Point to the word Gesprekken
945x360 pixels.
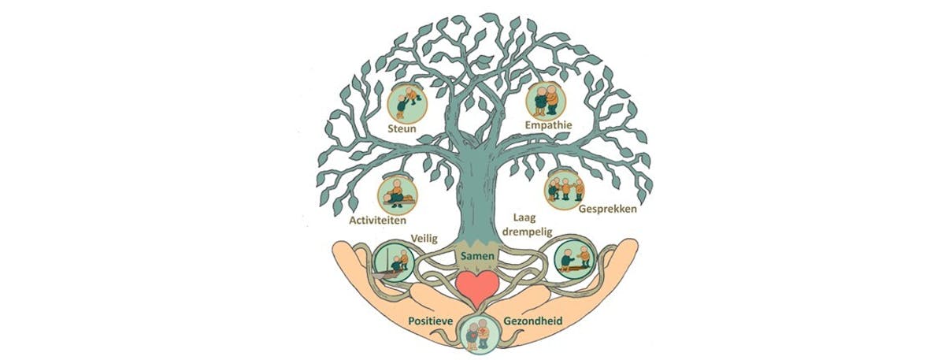pyautogui.click(x=607, y=210)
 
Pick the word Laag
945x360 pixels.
pyautogui.click(x=524, y=215)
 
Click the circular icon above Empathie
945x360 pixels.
pyautogui.click(x=546, y=99)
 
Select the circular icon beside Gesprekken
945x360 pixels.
pyautogui.click(x=565, y=188)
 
